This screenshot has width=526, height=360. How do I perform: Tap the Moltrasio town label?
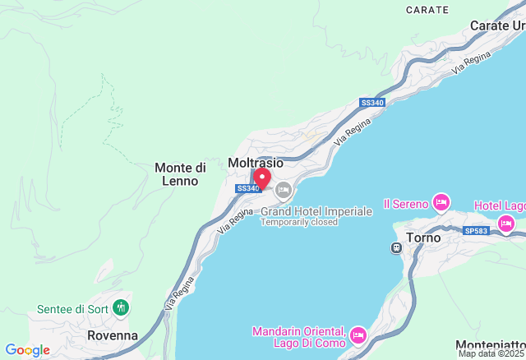coord(255,163)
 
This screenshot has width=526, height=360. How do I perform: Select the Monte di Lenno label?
coord(180,173)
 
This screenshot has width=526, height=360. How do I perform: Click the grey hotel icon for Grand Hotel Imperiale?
coord(284,191)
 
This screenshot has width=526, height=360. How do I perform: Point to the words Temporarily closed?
coord(299,222)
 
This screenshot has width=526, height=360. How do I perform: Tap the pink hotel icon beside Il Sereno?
coord(441,202)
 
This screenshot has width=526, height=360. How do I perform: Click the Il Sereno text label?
coord(406,203)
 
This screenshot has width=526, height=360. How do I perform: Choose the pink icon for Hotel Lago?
coord(505,223)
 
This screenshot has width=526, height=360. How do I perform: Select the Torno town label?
coord(424,238)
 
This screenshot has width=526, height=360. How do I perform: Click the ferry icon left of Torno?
coord(397,247)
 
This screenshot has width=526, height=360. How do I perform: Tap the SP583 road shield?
coord(475,230)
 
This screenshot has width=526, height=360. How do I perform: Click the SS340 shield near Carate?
coord(371,103)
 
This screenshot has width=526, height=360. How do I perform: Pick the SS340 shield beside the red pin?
coord(247,188)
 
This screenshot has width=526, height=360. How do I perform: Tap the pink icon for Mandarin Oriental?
coord(358,335)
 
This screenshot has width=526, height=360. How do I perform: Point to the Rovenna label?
coord(113,335)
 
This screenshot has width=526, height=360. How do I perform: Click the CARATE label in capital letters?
coord(427,11)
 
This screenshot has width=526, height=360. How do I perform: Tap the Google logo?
coord(27,350)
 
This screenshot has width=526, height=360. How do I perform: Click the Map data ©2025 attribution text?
coord(491,354)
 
